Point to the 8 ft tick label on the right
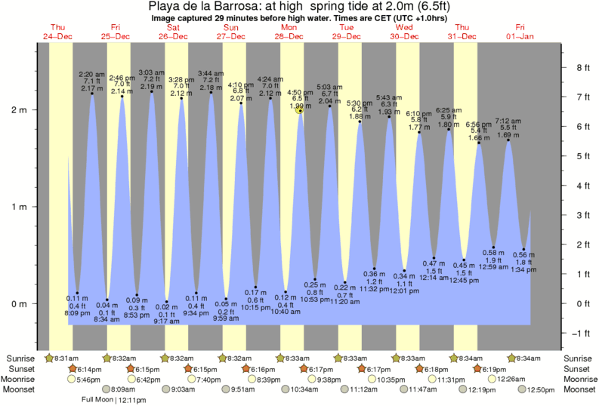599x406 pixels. (x=582, y=68)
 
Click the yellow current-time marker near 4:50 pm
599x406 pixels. (x=300, y=110)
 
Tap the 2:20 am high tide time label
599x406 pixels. (x=91, y=73)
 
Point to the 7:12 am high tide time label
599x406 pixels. (x=508, y=121)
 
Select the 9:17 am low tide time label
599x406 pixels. (x=166, y=321)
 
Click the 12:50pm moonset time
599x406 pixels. (x=539, y=389)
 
